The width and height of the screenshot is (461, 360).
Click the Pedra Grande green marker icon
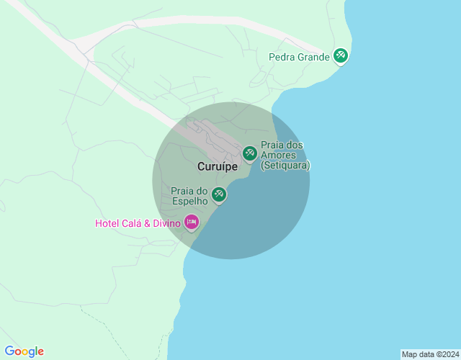tap(341, 55)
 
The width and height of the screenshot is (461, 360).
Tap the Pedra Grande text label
tap(299, 57)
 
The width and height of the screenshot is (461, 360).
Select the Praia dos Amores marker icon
tap(250, 153)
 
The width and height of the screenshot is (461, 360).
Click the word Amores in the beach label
tap(277, 155)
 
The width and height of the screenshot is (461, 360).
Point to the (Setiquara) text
tap(285, 165)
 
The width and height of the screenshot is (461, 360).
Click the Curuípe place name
tap(218, 166)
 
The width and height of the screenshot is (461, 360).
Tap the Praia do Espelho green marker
tap(219, 194)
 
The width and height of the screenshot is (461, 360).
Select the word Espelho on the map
tap(190, 202)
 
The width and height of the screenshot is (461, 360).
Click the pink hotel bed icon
tap(192, 222)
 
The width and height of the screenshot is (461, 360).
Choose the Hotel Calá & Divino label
tap(138, 223)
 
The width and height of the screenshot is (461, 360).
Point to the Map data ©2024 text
tap(429, 354)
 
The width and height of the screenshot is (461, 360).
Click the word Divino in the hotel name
tap(165, 223)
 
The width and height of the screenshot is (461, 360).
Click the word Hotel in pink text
tap(107, 223)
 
